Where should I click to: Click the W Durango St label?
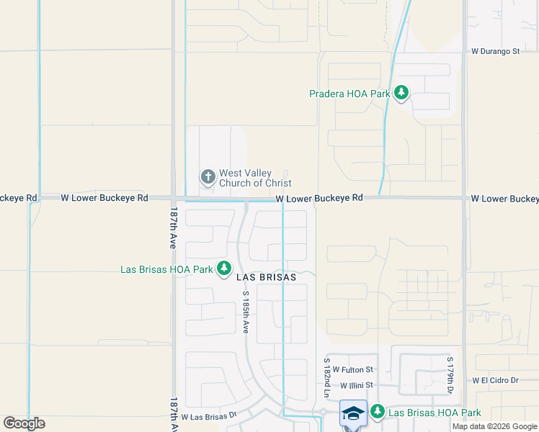point(495,51)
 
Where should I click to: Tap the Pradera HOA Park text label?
point(349,94)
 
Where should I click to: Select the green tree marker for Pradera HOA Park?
point(401,93)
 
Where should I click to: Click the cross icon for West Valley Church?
point(208,176)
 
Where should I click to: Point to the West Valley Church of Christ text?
point(255,178)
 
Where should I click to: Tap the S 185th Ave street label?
point(246,312)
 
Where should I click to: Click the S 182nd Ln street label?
point(326,377)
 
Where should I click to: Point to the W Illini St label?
point(358,386)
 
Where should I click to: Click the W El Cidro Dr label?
point(495,380)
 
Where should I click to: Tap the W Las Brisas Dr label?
point(209,416)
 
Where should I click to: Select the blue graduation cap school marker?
point(353,413)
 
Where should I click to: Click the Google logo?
point(24,423)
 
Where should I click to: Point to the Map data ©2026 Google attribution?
point(495,426)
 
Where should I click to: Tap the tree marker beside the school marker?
point(378,412)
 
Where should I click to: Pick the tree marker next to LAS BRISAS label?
point(224,269)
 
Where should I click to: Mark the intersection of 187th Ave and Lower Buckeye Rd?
point(174,198)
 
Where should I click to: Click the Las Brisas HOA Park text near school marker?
point(435,413)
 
